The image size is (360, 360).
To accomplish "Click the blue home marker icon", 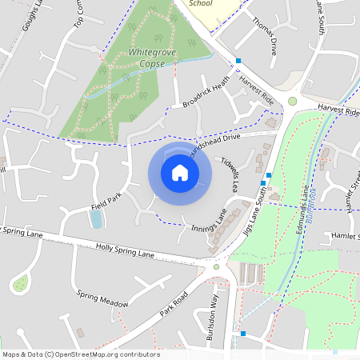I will [180, 172].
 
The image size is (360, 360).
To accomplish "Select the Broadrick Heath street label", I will [206, 92].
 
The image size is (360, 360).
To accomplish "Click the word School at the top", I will [201, 3].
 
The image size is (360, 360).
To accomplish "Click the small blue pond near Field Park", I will [96, 218].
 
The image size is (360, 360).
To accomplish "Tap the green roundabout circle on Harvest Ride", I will [293, 101].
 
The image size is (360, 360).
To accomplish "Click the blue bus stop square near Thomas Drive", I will [238, 61].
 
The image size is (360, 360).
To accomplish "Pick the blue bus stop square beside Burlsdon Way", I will [242, 333].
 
